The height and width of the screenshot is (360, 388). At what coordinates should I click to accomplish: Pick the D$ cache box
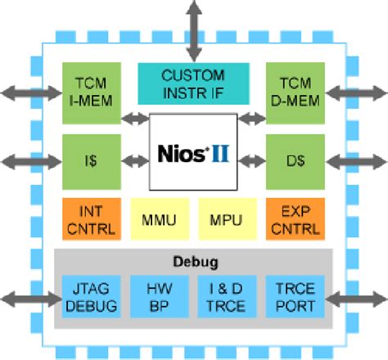coord(296,160)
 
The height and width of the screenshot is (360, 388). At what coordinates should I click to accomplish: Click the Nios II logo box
coord(194,151)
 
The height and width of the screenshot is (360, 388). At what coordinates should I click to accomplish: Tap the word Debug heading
coord(193,262)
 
